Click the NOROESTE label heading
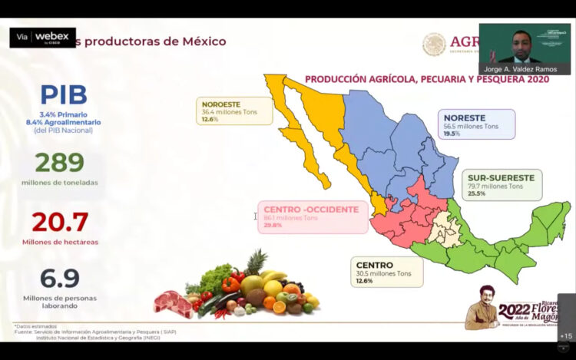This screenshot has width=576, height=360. [x=221, y=103]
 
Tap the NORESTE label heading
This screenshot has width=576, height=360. [x=465, y=117]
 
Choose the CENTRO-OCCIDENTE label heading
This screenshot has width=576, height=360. [x=310, y=210]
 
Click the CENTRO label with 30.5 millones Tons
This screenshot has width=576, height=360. [x=375, y=265]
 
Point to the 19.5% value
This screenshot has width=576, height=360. [x=452, y=134]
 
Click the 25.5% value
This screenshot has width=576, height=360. [x=477, y=194]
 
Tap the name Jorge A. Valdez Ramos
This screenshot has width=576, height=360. [x=525, y=68]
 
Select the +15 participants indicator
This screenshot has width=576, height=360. [x=566, y=335]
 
